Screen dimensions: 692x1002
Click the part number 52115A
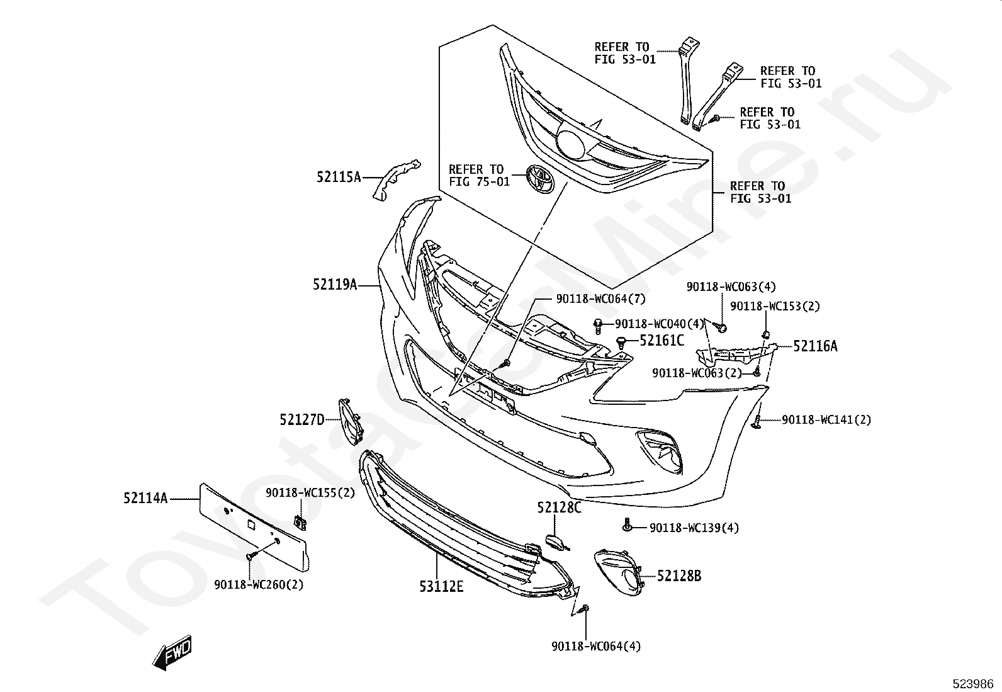339,178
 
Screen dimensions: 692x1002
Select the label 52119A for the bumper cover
335,285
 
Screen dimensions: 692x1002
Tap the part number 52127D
302,419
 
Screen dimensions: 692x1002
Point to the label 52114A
145,499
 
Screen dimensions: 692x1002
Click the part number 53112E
441,586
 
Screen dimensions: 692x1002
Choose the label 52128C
559,507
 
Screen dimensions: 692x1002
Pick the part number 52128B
679,576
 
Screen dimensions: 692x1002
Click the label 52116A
815,346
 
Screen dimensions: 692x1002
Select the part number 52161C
661,341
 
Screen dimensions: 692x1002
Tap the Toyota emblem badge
540,178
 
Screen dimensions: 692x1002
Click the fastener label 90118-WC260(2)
259,584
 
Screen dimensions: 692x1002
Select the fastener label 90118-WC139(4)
694,528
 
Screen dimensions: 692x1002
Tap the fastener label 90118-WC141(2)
826,419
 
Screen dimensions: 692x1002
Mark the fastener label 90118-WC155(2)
310,492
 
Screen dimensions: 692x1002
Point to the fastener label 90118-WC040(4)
660,324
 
